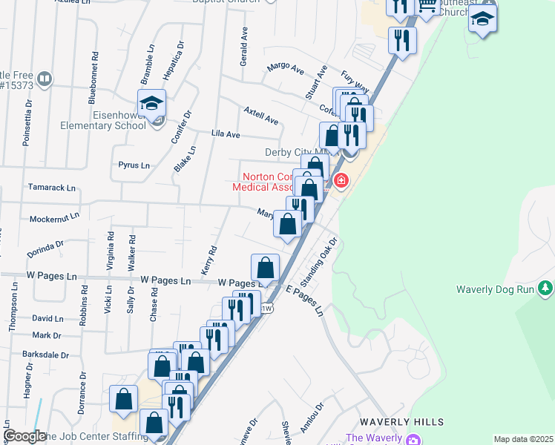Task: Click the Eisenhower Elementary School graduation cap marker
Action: [x=151, y=104]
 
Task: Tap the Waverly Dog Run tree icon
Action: [x=546, y=287]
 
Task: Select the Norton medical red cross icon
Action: [x=341, y=180]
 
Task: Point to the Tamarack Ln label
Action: [x=52, y=188]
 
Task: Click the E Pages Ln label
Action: [x=306, y=301]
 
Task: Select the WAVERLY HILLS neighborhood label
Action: [x=401, y=422]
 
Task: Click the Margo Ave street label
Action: [x=286, y=68]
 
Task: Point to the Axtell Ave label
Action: [x=260, y=115]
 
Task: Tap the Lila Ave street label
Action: [x=226, y=134]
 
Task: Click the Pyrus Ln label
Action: [x=134, y=165]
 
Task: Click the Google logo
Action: [x=25, y=436]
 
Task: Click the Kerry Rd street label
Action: [x=209, y=260]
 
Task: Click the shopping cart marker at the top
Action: [x=427, y=7]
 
